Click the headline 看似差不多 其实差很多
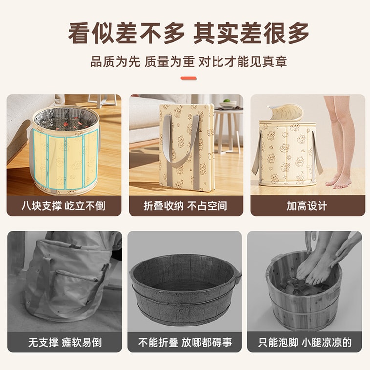click(x=189, y=33)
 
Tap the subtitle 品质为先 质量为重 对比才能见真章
click(x=189, y=62)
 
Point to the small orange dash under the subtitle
click(x=189, y=78)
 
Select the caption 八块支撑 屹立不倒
click(x=63, y=206)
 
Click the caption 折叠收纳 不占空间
click(x=185, y=206)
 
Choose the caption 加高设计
click(x=307, y=206)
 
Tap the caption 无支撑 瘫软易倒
click(x=65, y=342)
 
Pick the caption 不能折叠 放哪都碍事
click(x=185, y=342)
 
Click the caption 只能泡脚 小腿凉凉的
click(x=305, y=342)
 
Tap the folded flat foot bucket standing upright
click(x=187, y=147)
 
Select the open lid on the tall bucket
click(x=285, y=112)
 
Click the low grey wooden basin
click(x=185, y=290)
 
